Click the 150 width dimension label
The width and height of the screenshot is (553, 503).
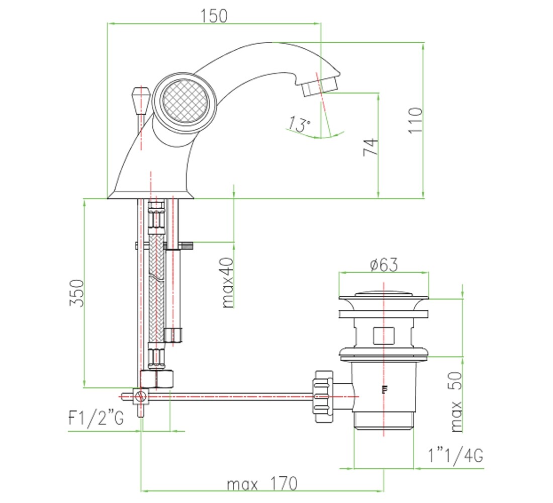(x=214, y=16)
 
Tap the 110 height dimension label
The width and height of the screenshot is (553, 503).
(x=415, y=121)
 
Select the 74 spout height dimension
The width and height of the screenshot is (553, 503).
(x=371, y=147)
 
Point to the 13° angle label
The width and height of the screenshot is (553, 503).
(x=299, y=124)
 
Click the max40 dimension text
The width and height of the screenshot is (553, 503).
(x=228, y=283)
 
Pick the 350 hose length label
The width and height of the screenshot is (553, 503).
(x=77, y=293)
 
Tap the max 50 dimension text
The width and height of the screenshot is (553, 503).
(x=456, y=402)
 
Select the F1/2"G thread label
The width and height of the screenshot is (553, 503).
(x=96, y=418)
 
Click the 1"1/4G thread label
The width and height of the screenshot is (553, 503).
(x=455, y=455)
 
